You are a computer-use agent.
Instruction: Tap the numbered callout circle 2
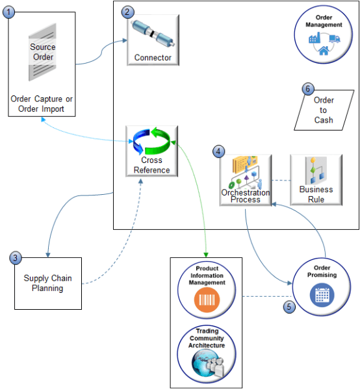tap(127, 12)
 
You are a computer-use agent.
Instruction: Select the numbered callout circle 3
tap(16, 258)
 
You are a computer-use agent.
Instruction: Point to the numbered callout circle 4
tap(219, 152)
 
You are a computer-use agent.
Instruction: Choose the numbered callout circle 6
tap(308, 89)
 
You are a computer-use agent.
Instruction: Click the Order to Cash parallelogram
tap(323, 110)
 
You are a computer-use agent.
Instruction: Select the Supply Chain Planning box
tap(48, 283)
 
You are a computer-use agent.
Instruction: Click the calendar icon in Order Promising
tap(322, 294)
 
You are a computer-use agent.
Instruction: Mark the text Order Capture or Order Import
tap(42, 104)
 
